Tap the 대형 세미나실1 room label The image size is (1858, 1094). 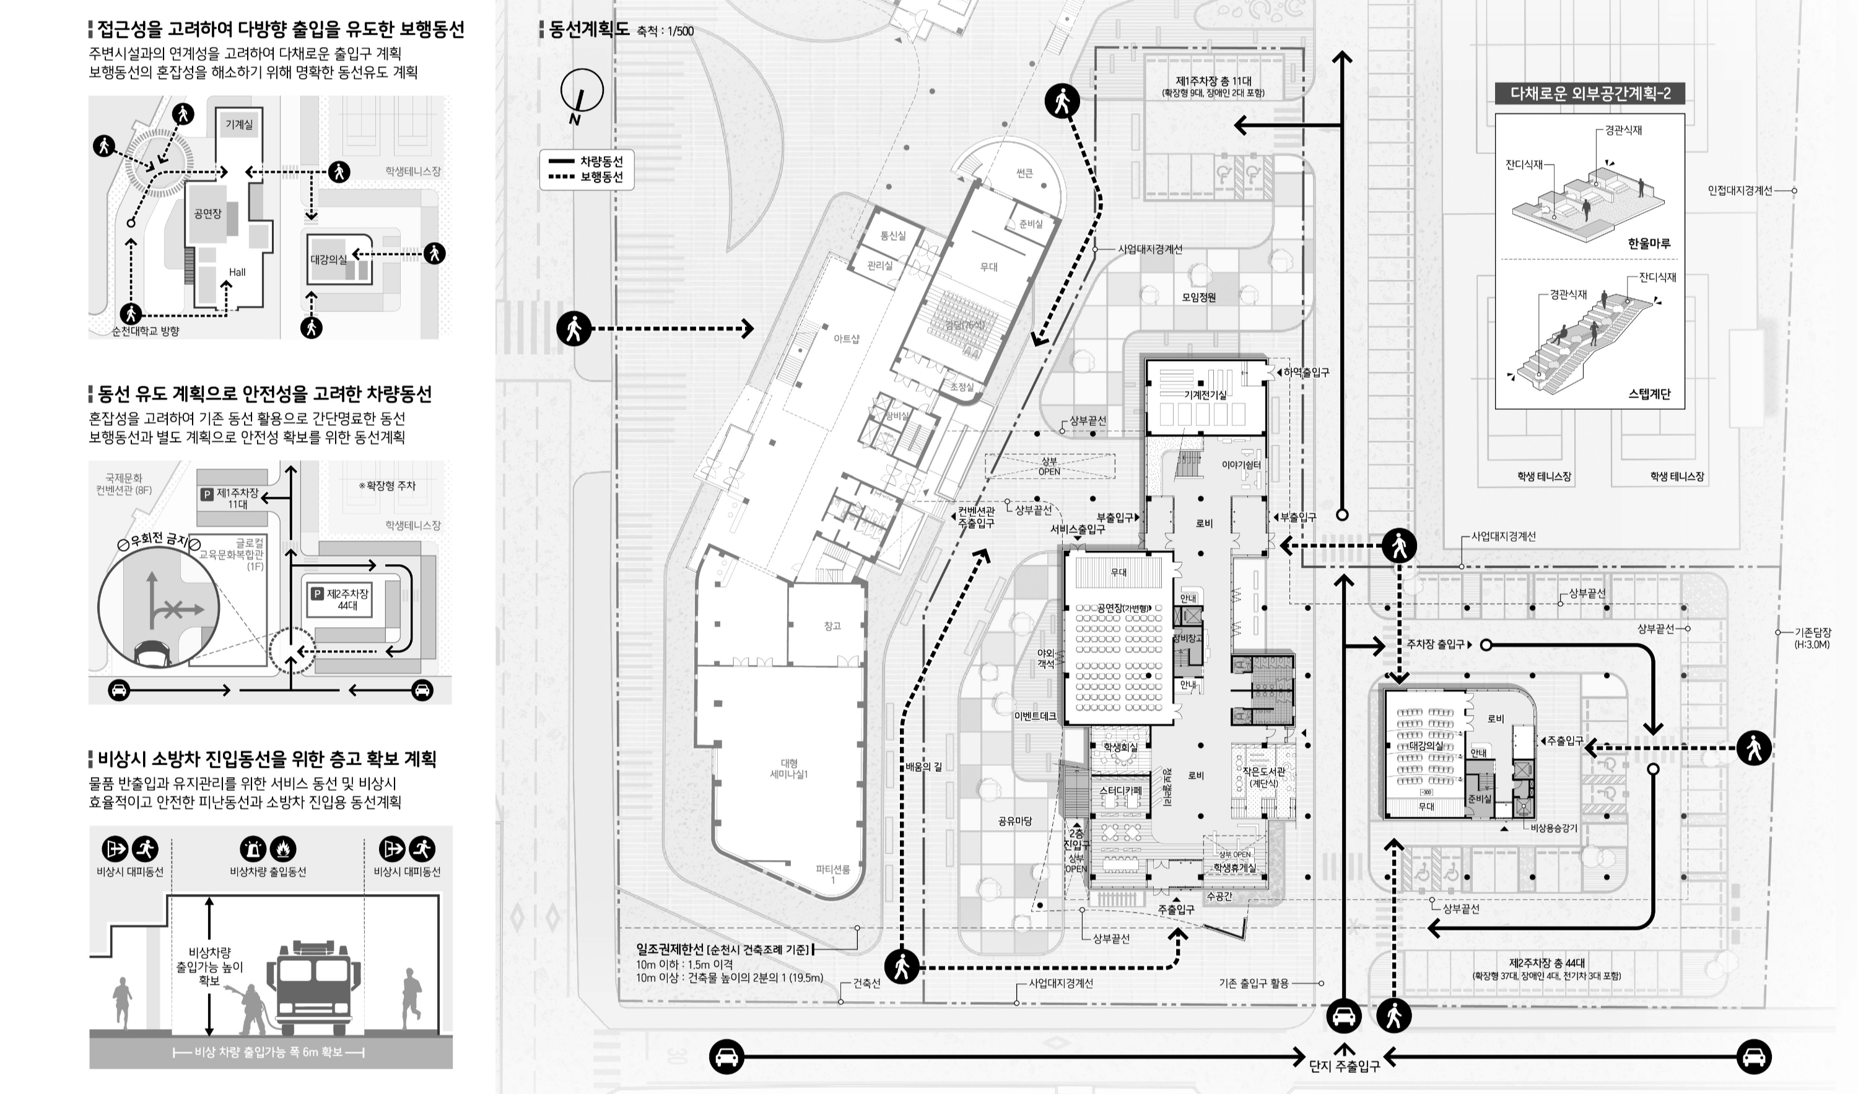789,769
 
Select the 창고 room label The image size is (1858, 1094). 832,626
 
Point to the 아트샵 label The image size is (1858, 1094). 847,339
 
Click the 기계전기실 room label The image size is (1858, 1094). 1205,394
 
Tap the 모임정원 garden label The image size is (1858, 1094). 1199,298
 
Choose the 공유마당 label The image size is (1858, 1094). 1014,820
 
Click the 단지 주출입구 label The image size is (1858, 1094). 1344,1066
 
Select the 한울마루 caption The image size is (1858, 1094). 1649,243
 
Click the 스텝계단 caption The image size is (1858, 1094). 1649,394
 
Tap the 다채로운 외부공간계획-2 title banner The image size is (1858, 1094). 1590,93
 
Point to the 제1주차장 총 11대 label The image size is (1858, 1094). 1214,81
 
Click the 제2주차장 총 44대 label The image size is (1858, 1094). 1546,963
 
